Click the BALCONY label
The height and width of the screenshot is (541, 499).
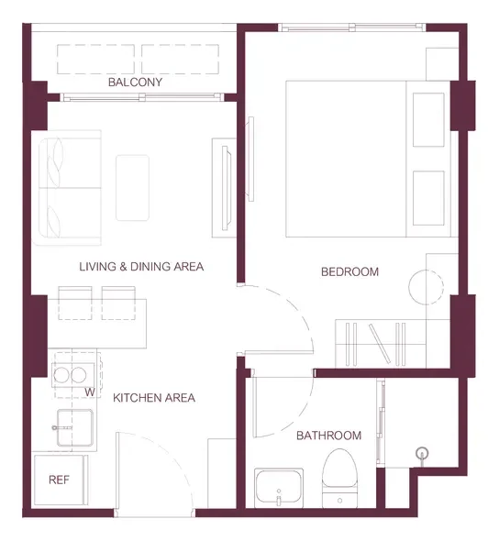[x=135, y=83]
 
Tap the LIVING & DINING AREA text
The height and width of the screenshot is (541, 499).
[x=141, y=267]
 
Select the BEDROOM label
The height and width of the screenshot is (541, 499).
[x=349, y=272]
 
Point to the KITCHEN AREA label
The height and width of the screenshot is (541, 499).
[x=154, y=398]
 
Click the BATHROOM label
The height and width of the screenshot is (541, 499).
[x=329, y=436]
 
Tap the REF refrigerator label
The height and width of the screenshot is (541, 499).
[x=59, y=480]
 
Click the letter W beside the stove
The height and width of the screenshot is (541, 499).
[x=90, y=392]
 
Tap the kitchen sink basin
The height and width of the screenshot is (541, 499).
[x=75, y=427]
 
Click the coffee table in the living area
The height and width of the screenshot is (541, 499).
[x=132, y=188]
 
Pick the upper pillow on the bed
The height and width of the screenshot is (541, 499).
[x=428, y=120]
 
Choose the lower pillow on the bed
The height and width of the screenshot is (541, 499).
[x=428, y=198]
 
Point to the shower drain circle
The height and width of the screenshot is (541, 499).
[x=422, y=452]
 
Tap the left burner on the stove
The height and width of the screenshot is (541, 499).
[x=61, y=375]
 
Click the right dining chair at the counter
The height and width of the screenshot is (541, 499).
[x=118, y=303]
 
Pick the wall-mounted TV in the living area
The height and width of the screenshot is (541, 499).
[x=226, y=188]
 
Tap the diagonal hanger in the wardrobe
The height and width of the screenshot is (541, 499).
[x=380, y=343]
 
